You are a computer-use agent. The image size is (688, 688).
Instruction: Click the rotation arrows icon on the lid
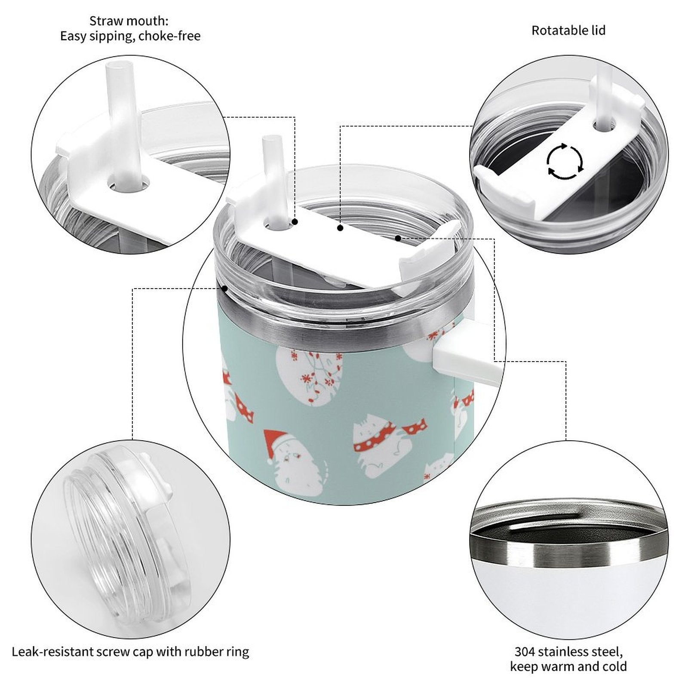click(565, 162)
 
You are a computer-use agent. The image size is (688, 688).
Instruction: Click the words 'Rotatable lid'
click(568, 31)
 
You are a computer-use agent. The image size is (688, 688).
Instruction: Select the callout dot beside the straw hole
click(295, 222)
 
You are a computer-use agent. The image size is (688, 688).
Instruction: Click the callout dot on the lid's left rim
click(224, 289)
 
